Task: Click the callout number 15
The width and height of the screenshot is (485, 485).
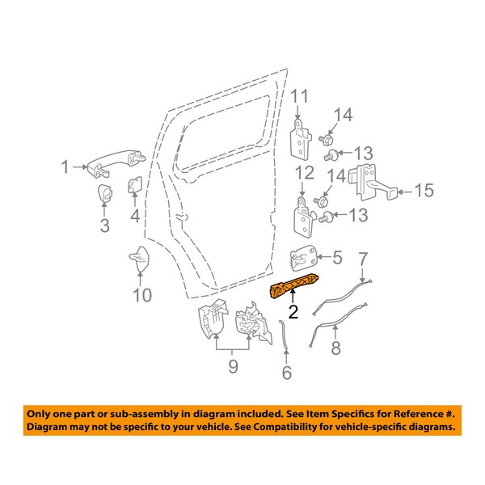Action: click(424, 192)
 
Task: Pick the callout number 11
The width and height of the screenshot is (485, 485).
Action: click(300, 99)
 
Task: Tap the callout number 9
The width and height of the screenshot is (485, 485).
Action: click(234, 369)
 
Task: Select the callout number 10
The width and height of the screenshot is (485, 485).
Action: click(141, 296)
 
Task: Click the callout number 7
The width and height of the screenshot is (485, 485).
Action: click(363, 258)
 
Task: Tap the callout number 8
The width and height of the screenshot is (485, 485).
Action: click(335, 349)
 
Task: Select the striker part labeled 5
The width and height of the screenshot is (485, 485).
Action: click(306, 259)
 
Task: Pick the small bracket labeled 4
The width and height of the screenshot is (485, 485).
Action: click(134, 188)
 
